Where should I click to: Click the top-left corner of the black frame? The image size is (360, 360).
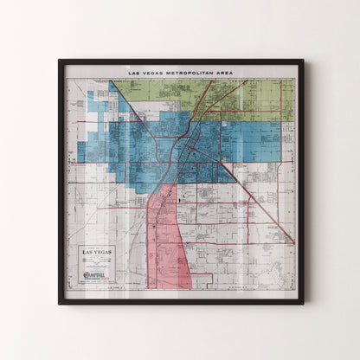click(60, 61)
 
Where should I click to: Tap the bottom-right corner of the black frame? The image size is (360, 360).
click(303, 303)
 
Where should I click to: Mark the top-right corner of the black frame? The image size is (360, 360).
click(303, 61)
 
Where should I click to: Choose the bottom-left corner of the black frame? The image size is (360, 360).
click(60, 303)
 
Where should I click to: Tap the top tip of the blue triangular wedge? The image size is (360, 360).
click(111, 82)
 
